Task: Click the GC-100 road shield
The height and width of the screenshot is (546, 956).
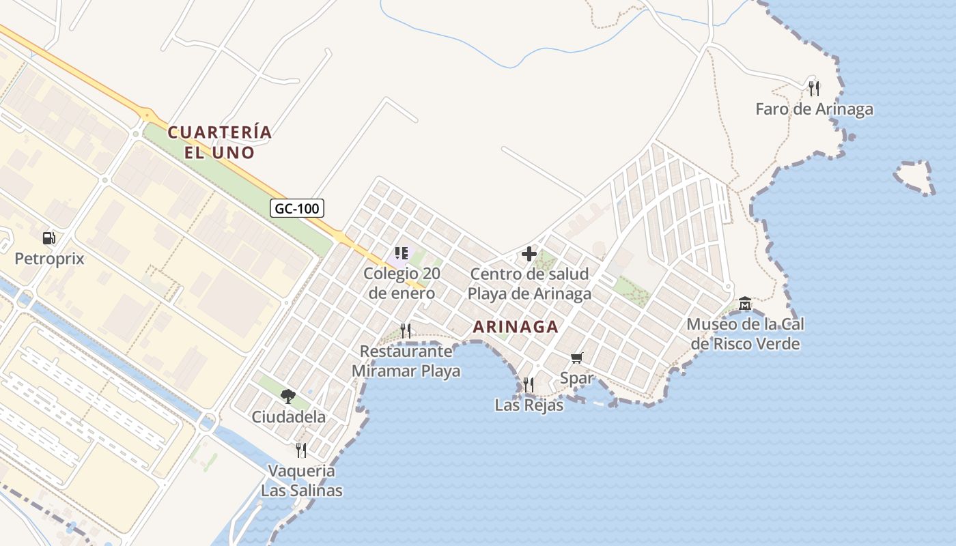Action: click(x=297, y=208)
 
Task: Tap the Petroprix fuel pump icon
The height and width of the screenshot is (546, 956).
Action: click(x=48, y=238)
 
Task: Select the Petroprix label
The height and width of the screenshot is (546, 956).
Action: click(x=49, y=259)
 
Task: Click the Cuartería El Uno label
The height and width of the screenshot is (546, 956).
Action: click(x=220, y=142)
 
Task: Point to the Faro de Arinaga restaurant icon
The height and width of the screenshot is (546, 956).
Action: click(x=813, y=88)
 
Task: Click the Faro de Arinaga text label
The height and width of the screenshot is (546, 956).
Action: click(x=814, y=109)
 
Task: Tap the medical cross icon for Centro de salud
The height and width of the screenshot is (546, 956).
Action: click(x=529, y=254)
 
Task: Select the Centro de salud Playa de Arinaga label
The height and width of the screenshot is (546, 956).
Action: click(x=530, y=284)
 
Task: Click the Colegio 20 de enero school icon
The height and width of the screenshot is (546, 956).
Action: click(x=401, y=253)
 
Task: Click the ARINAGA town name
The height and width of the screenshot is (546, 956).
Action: click(x=516, y=327)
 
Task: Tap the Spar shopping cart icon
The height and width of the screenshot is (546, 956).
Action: click(x=577, y=358)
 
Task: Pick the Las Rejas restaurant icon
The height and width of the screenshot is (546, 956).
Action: click(x=529, y=384)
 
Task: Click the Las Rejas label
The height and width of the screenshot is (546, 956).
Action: click(x=529, y=405)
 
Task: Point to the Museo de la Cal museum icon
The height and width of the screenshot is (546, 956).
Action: click(x=745, y=303)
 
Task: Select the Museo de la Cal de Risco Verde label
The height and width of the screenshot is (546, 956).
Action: click(x=745, y=333)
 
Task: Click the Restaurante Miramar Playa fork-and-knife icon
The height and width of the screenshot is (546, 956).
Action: click(x=406, y=331)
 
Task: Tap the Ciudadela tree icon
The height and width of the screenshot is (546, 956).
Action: click(x=288, y=396)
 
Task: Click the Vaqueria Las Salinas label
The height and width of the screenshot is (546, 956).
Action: click(x=301, y=480)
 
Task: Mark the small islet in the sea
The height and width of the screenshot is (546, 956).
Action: click(x=914, y=177)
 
